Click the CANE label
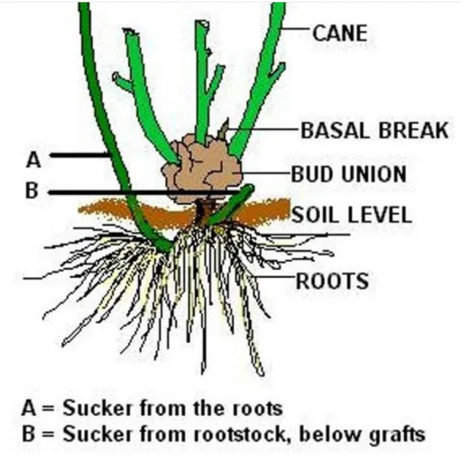tap(340, 32)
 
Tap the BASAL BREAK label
tap(374, 130)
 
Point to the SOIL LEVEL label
tap(351, 214)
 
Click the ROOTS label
tap(331, 281)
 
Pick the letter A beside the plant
tap(33, 159)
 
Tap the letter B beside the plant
tap(31, 190)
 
